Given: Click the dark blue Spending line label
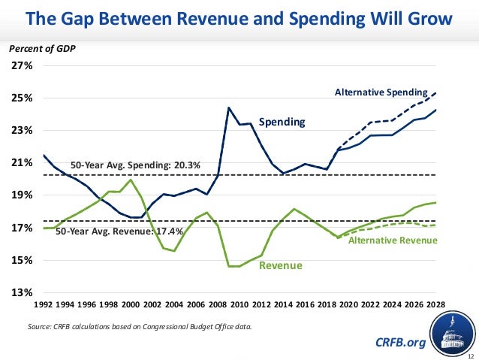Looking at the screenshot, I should pos(282,121).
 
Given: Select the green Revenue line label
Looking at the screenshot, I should pos(280,266).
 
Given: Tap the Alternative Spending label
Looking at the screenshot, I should pos(381,92).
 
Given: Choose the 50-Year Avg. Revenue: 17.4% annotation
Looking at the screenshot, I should pos(120,231).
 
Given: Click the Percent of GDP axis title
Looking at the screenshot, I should pos(42,49).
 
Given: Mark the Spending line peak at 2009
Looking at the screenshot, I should pos(229,107).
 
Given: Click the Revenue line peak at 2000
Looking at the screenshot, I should pos(132,180).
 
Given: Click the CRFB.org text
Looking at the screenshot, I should pos(399,343).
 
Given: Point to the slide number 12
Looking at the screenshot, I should pos(470,355).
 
